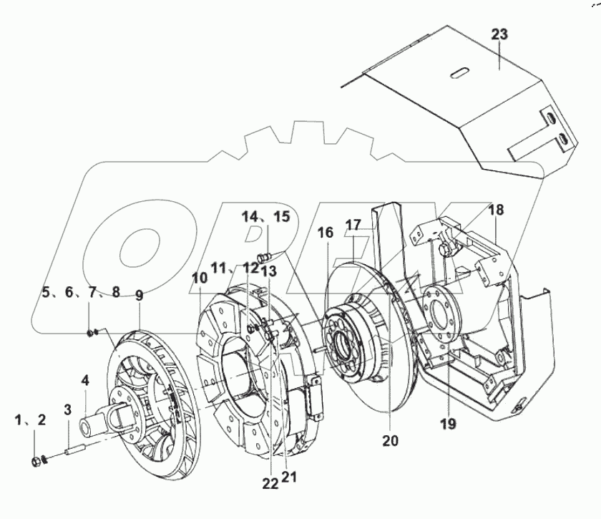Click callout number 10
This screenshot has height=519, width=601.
coord(199,278)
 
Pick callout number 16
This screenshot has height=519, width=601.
coord(326,233)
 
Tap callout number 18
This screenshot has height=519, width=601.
coord(496,210)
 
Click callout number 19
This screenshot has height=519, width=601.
coord(448,424)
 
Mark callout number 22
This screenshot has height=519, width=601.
coord(270,484)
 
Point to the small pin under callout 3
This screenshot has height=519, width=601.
coord(74,452)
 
